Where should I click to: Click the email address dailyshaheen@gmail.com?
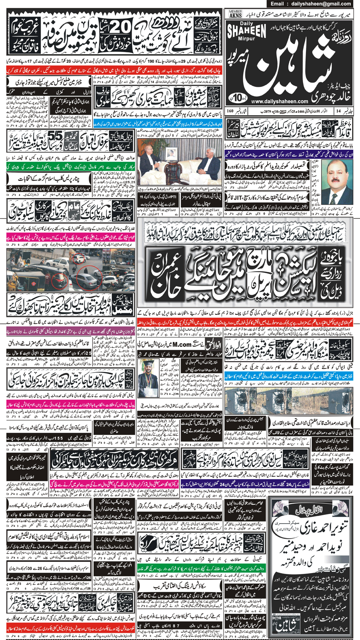tap(324, 4)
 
